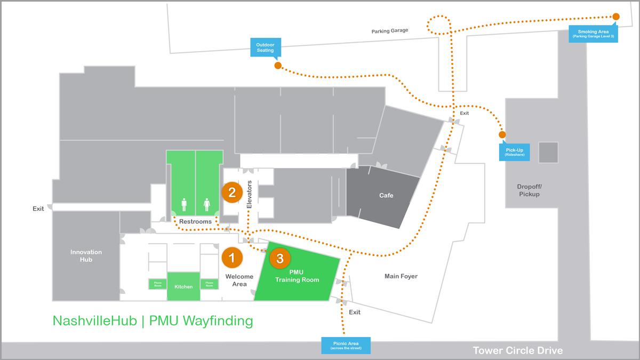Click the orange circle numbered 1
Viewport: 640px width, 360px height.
232,258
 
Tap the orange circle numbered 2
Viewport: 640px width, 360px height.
232,192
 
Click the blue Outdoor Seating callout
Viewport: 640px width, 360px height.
265,47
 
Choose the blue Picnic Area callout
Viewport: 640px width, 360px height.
345,346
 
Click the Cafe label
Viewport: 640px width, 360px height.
386,196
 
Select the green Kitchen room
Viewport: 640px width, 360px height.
183,286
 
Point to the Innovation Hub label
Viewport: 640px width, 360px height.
86,256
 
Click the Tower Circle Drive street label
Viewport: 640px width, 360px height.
517,350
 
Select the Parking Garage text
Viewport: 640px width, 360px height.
390,31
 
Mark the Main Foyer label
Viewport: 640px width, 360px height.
401,276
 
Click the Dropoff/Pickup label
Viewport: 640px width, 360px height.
529,190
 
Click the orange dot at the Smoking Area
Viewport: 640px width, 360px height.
616,17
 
